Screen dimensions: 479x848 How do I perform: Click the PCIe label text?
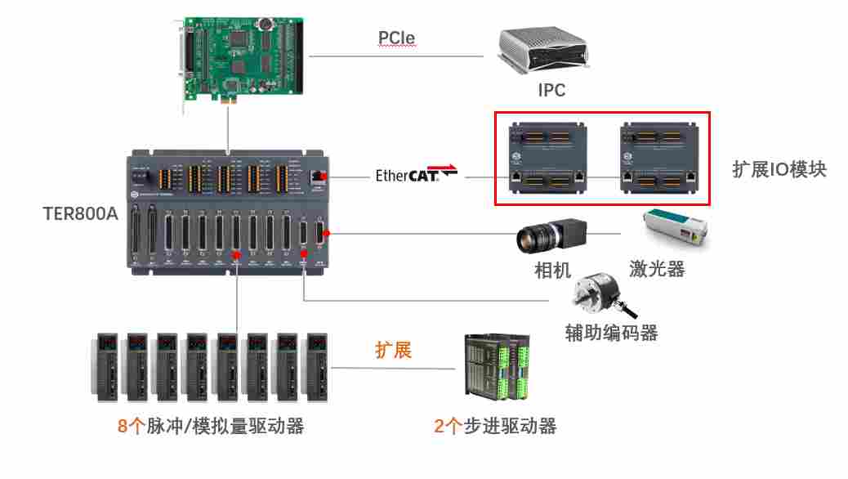click(396, 38)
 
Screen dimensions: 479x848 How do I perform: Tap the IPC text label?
click(551, 91)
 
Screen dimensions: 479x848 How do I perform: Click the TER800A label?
click(80, 215)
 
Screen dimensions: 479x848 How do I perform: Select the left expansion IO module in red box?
click(548, 157)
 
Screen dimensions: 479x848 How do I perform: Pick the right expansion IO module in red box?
click(658, 157)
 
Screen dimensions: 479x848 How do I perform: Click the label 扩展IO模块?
click(779, 169)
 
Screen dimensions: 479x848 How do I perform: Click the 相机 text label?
click(552, 271)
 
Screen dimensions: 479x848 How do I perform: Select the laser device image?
click(675, 231)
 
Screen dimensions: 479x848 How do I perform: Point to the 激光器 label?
click(656, 269)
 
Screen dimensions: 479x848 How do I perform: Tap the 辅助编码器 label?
click(611, 333)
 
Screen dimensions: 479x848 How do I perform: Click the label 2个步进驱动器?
click(495, 426)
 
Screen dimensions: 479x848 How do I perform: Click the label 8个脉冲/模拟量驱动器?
click(210, 426)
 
